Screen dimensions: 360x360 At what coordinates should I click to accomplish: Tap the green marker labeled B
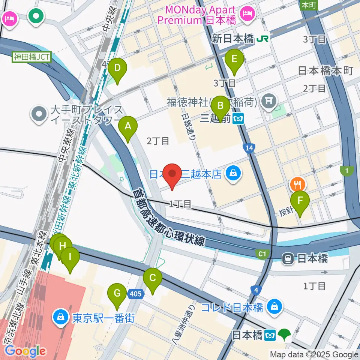[x=220, y=105]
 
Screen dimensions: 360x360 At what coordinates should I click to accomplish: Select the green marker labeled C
[x=153, y=278]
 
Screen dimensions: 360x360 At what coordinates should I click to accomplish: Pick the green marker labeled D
[x=117, y=68]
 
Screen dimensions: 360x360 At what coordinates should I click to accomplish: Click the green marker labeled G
[x=117, y=292]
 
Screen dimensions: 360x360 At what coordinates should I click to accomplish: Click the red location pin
[x=172, y=174]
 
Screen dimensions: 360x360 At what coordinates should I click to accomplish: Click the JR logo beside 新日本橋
[x=262, y=39]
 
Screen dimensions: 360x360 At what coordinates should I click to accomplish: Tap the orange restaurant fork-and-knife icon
[x=298, y=184]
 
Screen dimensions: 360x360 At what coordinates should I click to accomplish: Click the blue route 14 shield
[x=248, y=148]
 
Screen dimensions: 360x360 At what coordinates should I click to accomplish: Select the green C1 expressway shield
[x=262, y=255]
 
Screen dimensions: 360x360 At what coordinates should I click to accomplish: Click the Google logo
[x=25, y=351]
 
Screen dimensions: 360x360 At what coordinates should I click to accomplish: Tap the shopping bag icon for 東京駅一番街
[x=60, y=317]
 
